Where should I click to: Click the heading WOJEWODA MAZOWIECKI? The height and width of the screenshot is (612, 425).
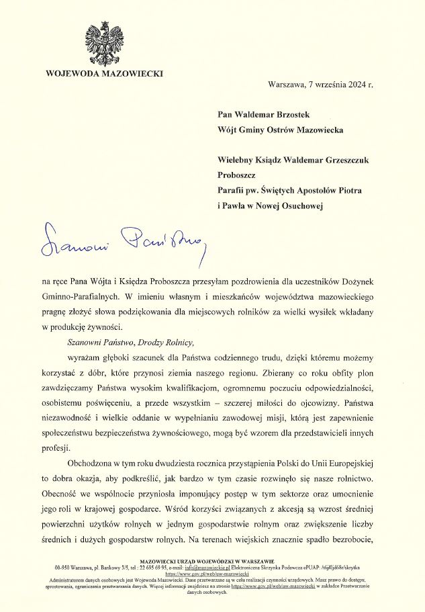coord(104,73)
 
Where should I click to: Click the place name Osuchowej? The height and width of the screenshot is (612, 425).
coord(297,206)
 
